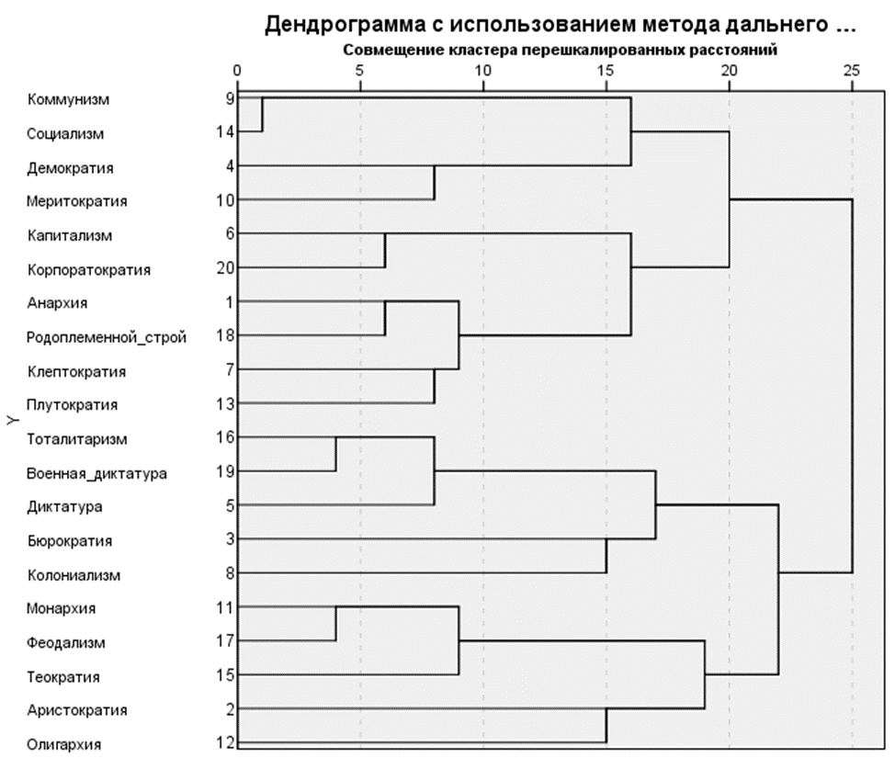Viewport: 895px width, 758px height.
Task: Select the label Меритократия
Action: (76, 200)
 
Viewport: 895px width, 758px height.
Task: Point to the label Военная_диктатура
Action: (96, 472)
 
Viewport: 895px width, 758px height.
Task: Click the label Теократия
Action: (63, 677)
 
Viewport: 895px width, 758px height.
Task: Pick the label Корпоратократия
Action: (89, 270)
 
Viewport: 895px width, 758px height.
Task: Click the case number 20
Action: (226, 268)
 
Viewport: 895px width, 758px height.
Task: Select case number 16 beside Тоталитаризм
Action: (226, 437)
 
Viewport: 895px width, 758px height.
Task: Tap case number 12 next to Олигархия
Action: (226, 742)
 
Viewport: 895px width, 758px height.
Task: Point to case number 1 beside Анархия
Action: (229, 302)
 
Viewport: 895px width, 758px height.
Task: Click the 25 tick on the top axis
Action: (852, 70)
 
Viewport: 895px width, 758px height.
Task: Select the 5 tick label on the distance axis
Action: (360, 70)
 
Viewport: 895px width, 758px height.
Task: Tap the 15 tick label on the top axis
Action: (606, 70)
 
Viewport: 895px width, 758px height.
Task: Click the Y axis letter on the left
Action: (12, 421)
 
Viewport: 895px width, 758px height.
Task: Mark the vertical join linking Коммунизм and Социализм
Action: (263, 115)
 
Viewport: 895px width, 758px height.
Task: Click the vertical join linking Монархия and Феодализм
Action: (335, 624)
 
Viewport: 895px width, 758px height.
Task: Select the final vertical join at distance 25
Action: (852, 386)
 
